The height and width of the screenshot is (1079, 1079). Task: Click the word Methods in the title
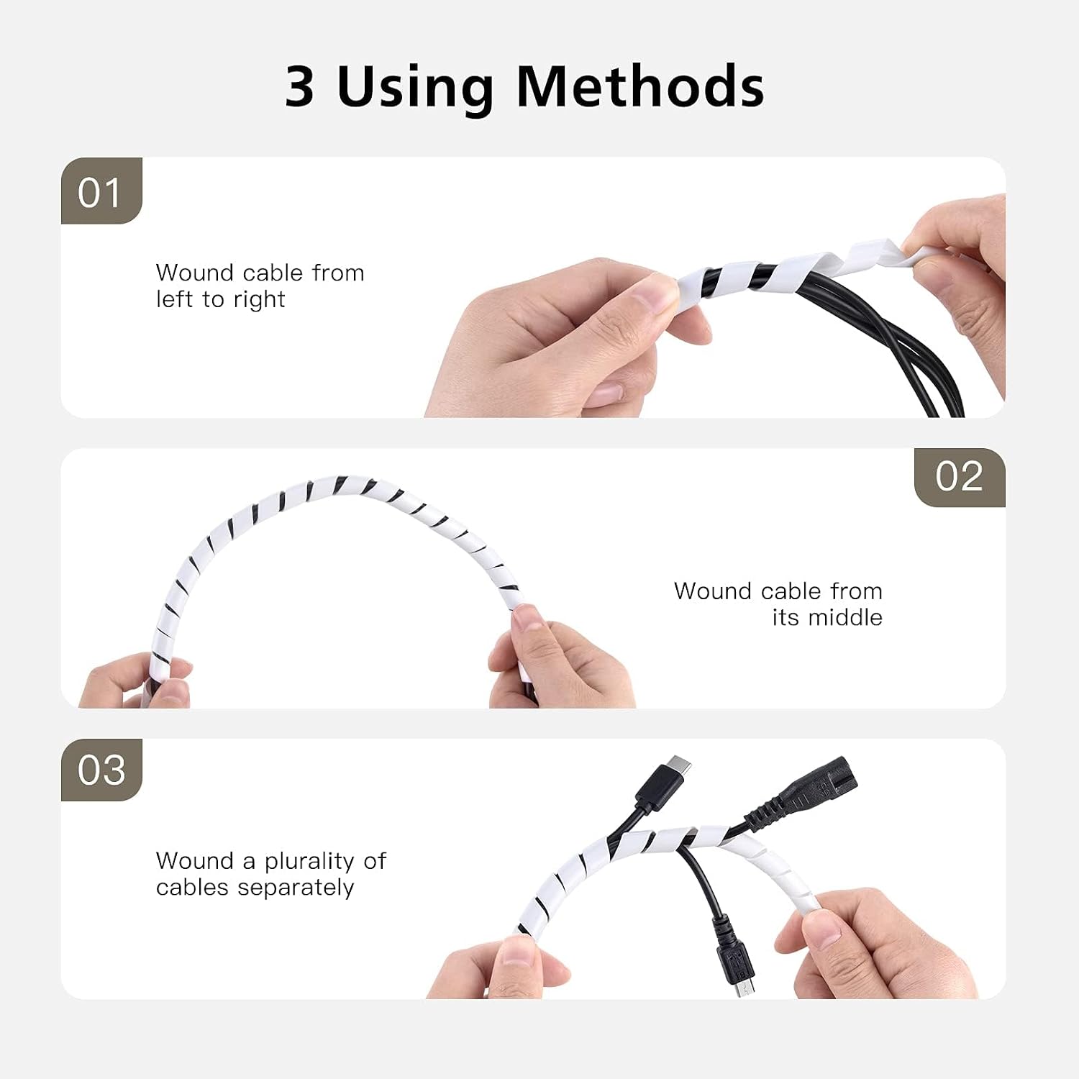click(640, 86)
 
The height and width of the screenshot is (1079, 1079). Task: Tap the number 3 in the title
click(300, 87)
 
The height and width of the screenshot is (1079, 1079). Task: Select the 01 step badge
click(101, 191)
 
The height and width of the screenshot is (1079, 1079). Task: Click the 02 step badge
click(960, 477)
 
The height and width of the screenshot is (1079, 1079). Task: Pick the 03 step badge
click(101, 770)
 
